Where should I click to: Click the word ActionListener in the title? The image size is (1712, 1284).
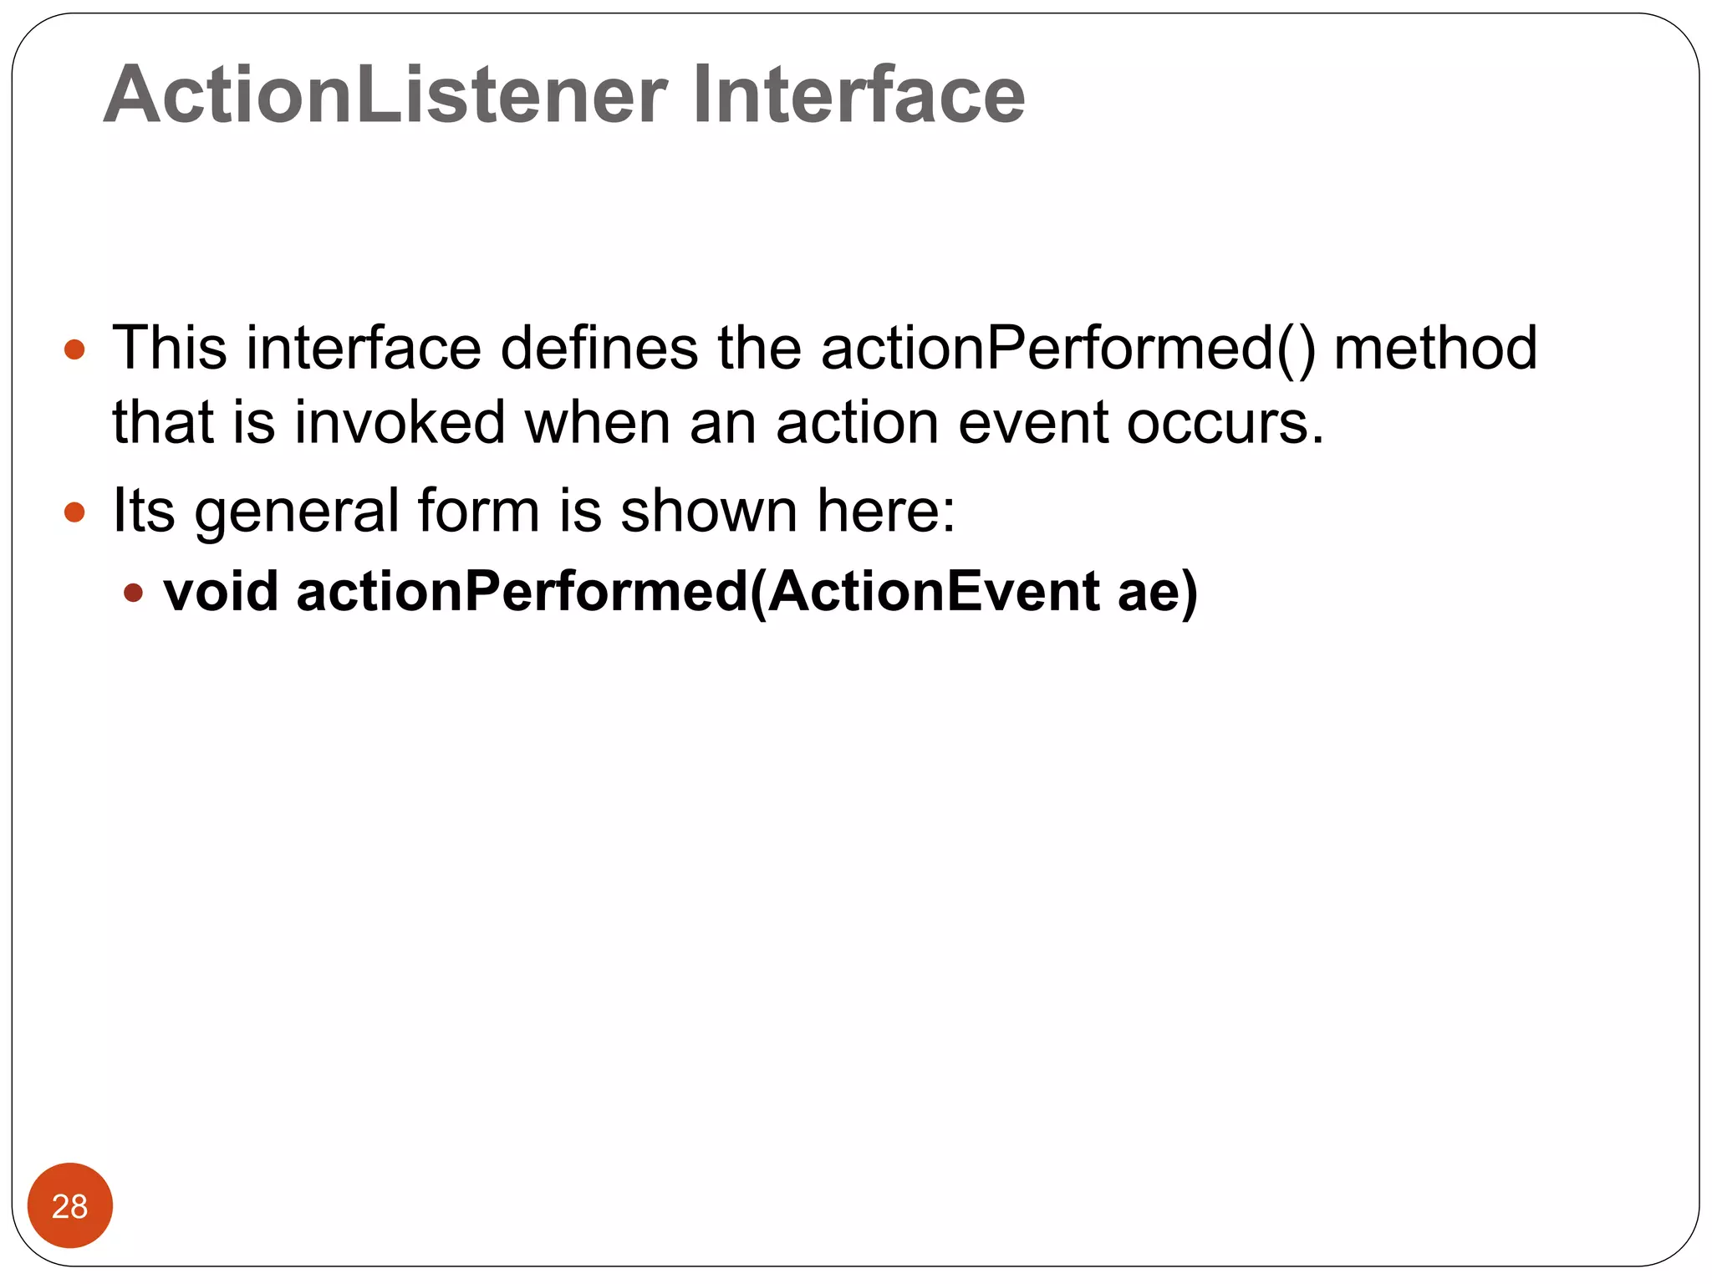(x=385, y=95)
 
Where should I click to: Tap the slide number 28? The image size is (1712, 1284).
(x=69, y=1206)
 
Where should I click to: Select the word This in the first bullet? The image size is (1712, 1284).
(x=170, y=348)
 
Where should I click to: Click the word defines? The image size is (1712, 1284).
(x=599, y=348)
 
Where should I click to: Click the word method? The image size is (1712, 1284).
(x=1434, y=348)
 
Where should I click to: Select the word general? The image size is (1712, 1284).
(x=297, y=512)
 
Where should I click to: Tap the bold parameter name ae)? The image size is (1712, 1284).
(x=1158, y=592)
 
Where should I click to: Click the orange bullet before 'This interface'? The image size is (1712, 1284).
(x=74, y=349)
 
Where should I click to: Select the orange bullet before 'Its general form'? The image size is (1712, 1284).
(x=74, y=512)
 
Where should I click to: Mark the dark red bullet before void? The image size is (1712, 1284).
(x=133, y=593)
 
